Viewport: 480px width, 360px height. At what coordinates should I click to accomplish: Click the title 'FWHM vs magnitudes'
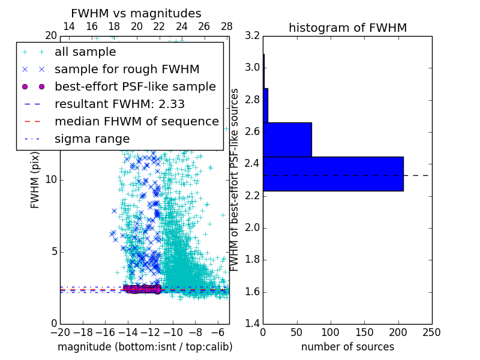136,13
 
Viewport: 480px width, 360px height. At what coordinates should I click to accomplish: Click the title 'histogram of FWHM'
347,28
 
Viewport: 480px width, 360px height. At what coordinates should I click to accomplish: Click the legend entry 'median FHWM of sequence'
136,121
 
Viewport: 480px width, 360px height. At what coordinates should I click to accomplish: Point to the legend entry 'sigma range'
92,139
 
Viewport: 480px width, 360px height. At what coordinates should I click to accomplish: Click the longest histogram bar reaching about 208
333,173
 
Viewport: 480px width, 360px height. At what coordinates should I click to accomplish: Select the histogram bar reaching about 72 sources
287,139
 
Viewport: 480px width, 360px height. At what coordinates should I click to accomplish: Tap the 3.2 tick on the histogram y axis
252,35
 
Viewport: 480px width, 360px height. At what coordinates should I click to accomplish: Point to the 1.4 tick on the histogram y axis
252,324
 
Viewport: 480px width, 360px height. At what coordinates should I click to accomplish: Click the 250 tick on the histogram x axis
431,332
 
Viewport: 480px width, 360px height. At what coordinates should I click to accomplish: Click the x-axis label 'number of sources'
347,347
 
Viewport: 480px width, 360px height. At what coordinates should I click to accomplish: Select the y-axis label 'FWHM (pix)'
35,180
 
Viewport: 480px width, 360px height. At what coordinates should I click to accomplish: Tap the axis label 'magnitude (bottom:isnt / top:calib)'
145,347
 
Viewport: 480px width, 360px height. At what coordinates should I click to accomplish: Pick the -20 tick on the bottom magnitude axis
60,332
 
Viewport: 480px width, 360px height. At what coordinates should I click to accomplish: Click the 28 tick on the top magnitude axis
227,26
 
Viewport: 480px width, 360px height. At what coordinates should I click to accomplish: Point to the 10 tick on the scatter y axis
51,179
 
